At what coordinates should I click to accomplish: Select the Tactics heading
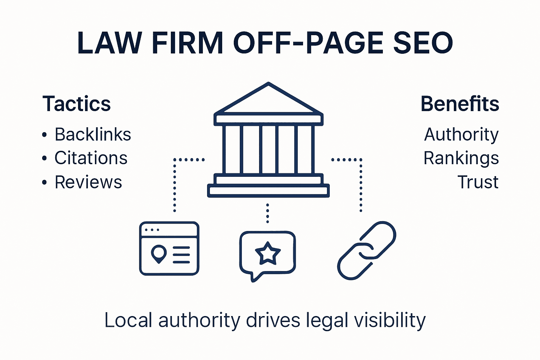(x=77, y=104)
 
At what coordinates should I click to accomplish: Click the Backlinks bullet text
(x=93, y=135)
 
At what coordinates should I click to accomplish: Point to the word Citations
(x=91, y=158)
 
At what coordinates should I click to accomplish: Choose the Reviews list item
(x=88, y=182)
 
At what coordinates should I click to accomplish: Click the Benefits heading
(x=460, y=104)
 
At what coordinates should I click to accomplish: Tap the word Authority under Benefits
(x=461, y=135)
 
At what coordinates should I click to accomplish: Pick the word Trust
(x=478, y=182)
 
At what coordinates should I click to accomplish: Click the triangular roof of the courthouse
(x=268, y=100)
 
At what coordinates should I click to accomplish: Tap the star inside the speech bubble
(x=268, y=253)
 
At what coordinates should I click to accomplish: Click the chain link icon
(x=367, y=250)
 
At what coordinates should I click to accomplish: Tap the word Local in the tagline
(x=128, y=321)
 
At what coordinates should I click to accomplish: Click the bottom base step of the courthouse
(x=268, y=191)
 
